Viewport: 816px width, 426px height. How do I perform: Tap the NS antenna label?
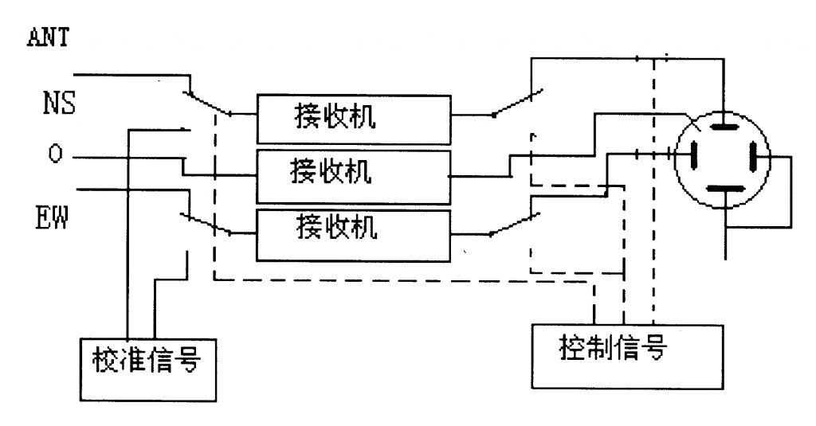click(59, 104)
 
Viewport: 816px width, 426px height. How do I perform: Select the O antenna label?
click(54, 154)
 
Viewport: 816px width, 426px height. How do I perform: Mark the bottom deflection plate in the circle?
click(724, 190)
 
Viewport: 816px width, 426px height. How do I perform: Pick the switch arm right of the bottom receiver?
click(516, 225)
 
